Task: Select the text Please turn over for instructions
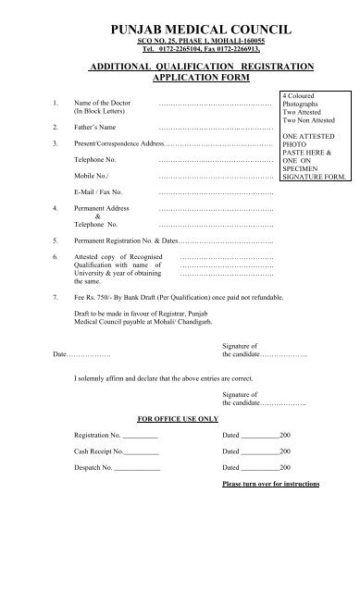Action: [x=270, y=485]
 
